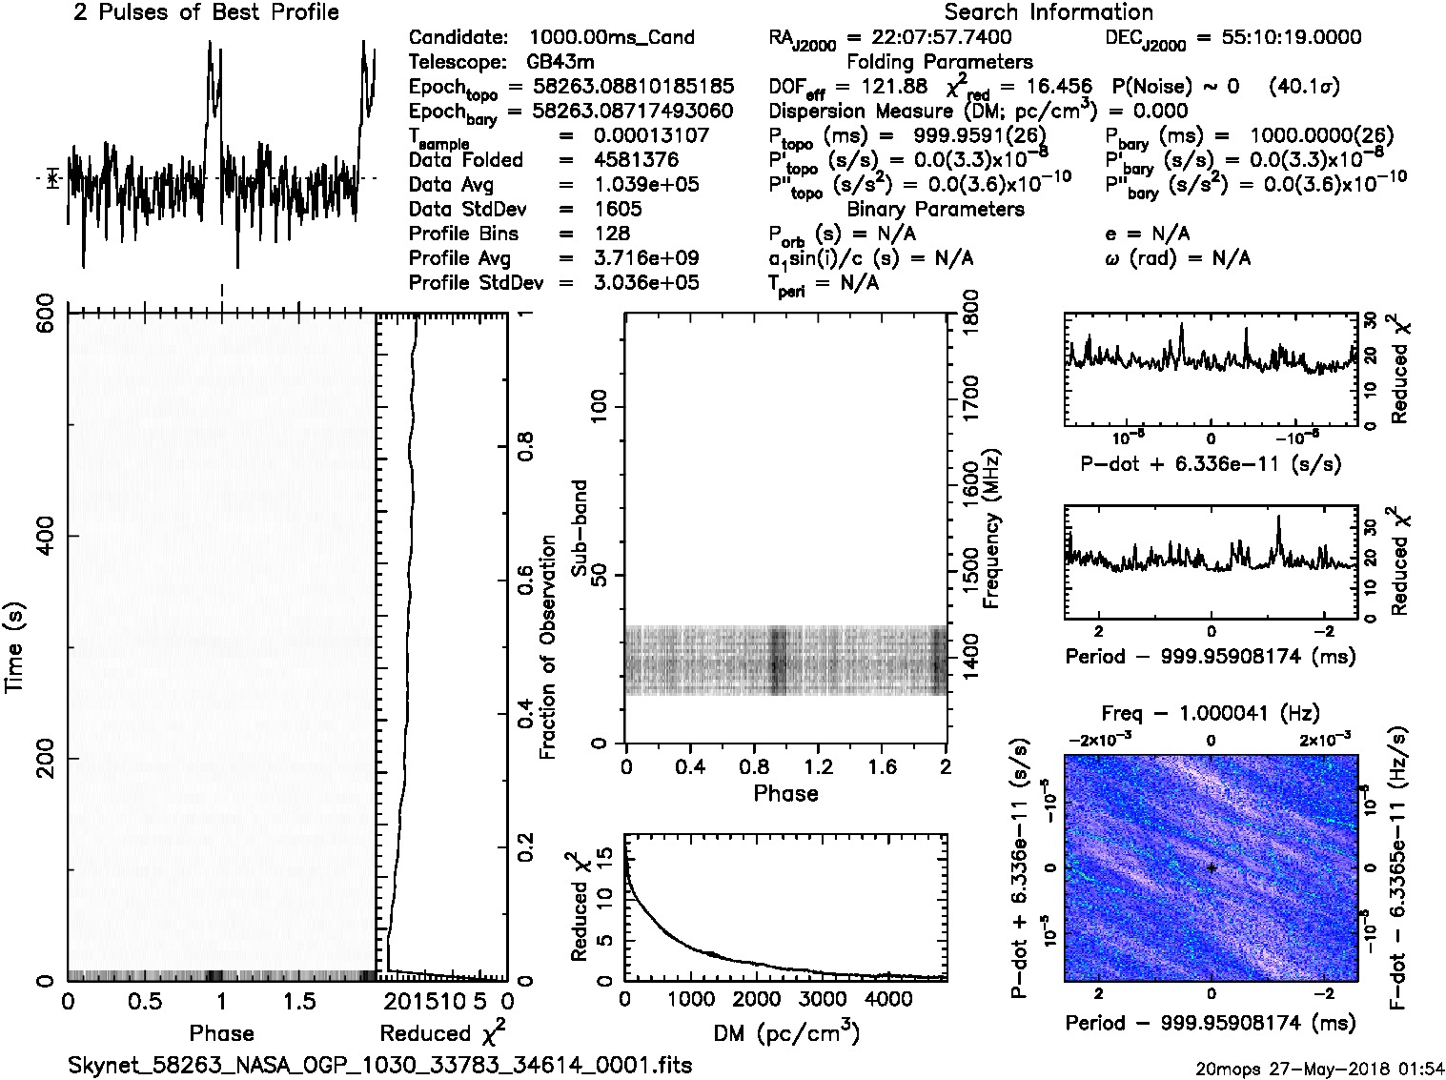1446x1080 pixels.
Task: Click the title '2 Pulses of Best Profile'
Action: click(206, 12)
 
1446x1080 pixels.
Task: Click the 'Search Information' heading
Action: click(1048, 12)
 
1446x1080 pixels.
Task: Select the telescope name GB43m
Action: click(563, 62)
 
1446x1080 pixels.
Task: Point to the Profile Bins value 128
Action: click(611, 234)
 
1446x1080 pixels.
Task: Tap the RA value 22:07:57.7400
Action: click(929, 37)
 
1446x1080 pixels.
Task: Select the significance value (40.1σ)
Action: click(1304, 87)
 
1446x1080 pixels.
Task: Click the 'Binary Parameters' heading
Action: click(935, 209)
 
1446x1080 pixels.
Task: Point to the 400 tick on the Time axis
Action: click(44, 536)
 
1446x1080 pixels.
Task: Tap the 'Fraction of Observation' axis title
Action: click(547, 647)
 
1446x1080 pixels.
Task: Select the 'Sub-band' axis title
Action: click(579, 528)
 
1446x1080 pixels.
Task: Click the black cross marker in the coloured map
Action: click(1211, 867)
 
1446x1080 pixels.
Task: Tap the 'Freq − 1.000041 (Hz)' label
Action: click(1211, 713)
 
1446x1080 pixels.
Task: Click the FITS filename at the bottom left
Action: click(379, 1065)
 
